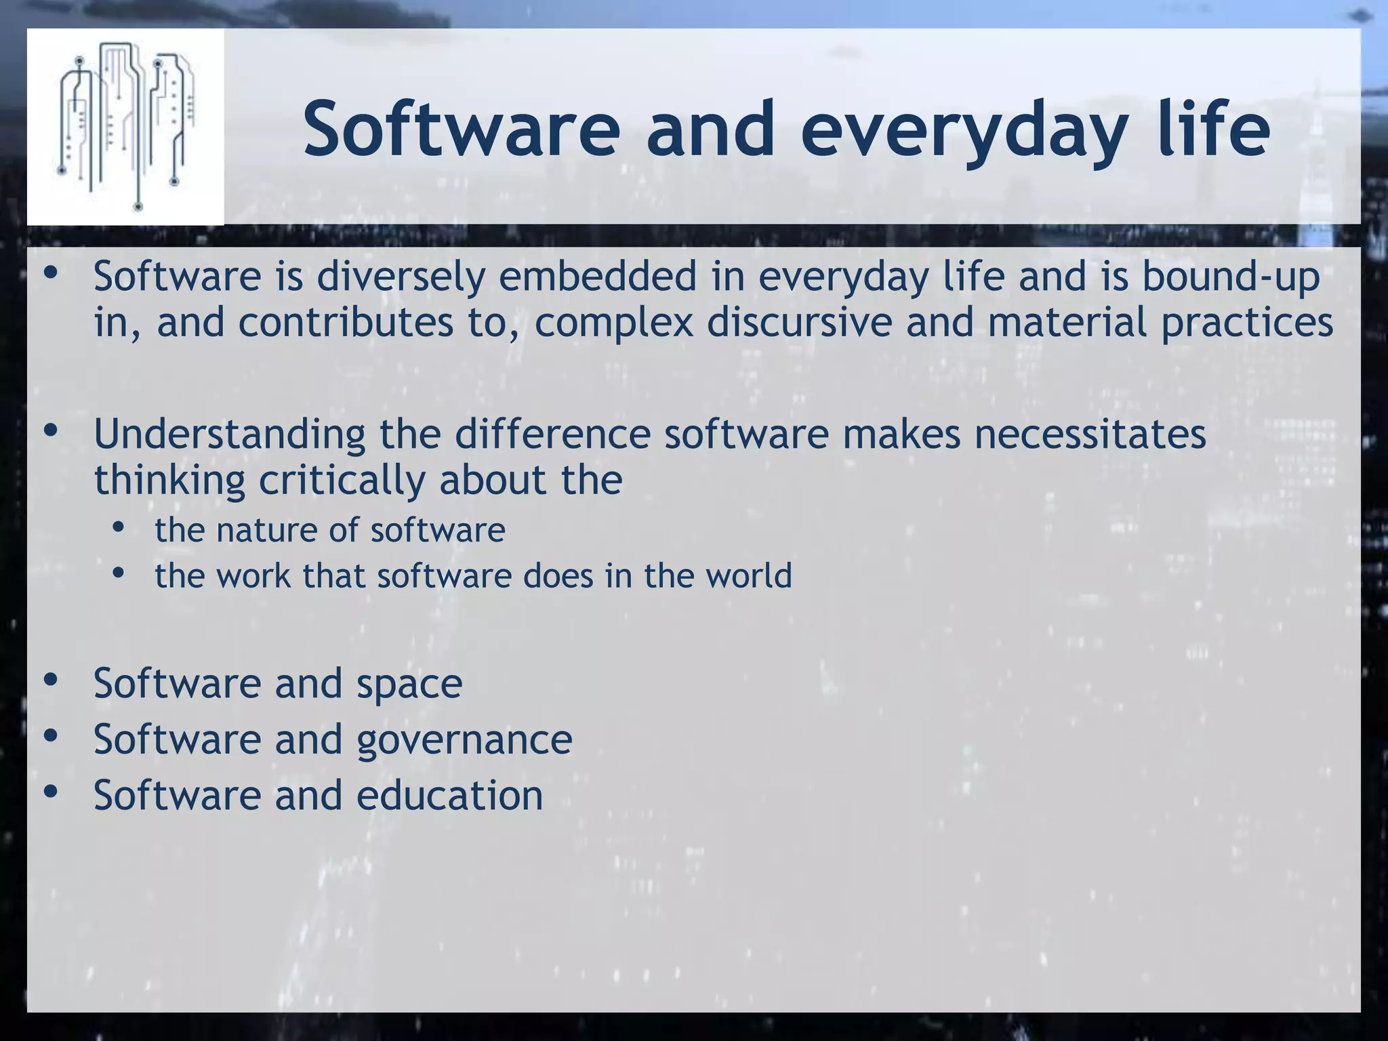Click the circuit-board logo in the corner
125,127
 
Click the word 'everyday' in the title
963,129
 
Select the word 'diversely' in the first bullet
401,279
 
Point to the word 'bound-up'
1231,279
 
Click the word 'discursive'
799,323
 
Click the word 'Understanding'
229,435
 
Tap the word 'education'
449,796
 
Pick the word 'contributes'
346,323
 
